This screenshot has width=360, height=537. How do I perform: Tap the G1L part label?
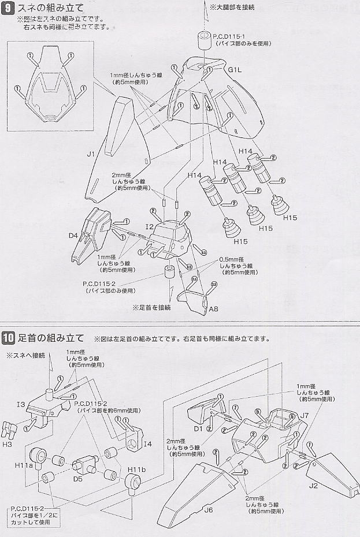(235, 70)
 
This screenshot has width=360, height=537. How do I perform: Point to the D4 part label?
(73, 236)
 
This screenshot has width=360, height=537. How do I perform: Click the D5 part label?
(80, 479)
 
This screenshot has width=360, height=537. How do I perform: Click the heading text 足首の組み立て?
(51, 338)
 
